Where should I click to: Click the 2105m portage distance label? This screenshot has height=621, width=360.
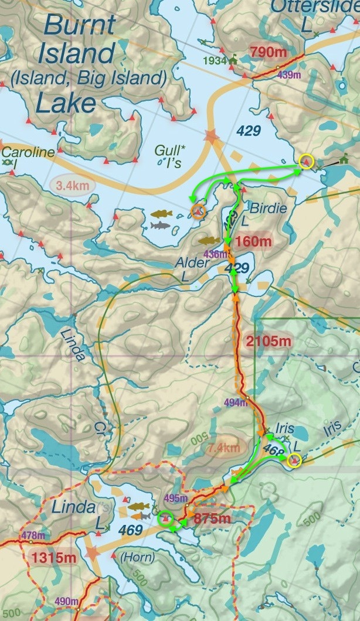tap(270, 340)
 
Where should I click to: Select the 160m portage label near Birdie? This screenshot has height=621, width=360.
tap(254, 241)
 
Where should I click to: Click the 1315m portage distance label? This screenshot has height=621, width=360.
tap(54, 557)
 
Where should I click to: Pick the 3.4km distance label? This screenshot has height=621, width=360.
tap(73, 186)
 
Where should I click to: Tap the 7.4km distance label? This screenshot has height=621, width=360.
tap(223, 449)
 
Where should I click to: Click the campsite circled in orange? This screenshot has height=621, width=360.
tap(198, 211)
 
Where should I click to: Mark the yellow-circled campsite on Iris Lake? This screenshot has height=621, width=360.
tap(294, 460)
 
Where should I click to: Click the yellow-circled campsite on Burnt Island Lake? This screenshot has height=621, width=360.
tap(305, 161)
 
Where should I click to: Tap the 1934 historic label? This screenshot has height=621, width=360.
tap(215, 60)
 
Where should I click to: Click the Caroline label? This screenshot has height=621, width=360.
tap(28, 152)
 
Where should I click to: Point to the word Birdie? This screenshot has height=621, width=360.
tap(269, 209)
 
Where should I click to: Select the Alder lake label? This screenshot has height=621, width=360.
tap(192, 264)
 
